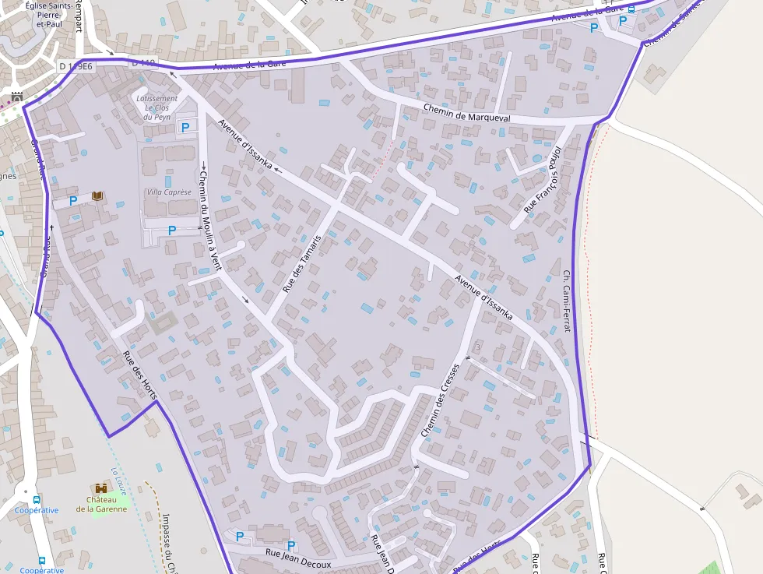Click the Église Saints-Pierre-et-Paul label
(x=49, y=14)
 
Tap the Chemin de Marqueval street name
(x=467, y=112)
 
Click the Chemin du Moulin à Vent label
(x=206, y=210)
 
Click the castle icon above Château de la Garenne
(x=100, y=488)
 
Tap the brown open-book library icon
(x=97, y=195)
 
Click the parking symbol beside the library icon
(x=73, y=201)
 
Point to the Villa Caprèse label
(x=168, y=192)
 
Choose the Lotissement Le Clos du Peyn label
(x=156, y=107)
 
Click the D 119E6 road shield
(x=76, y=66)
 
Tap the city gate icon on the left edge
(x=17, y=97)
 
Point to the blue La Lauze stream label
(x=118, y=476)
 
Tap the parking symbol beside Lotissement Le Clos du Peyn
(x=185, y=126)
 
